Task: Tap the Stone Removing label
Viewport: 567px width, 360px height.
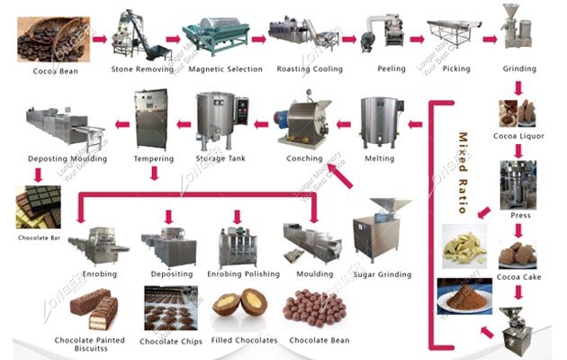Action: (x=141, y=69)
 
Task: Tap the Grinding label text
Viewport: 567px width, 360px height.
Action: (x=520, y=69)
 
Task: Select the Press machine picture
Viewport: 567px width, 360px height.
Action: (x=518, y=184)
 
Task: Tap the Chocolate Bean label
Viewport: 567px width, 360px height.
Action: (x=319, y=341)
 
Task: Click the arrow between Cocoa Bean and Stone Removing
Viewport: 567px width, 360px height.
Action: (x=97, y=40)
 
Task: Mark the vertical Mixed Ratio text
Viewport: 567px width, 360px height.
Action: (x=463, y=171)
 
